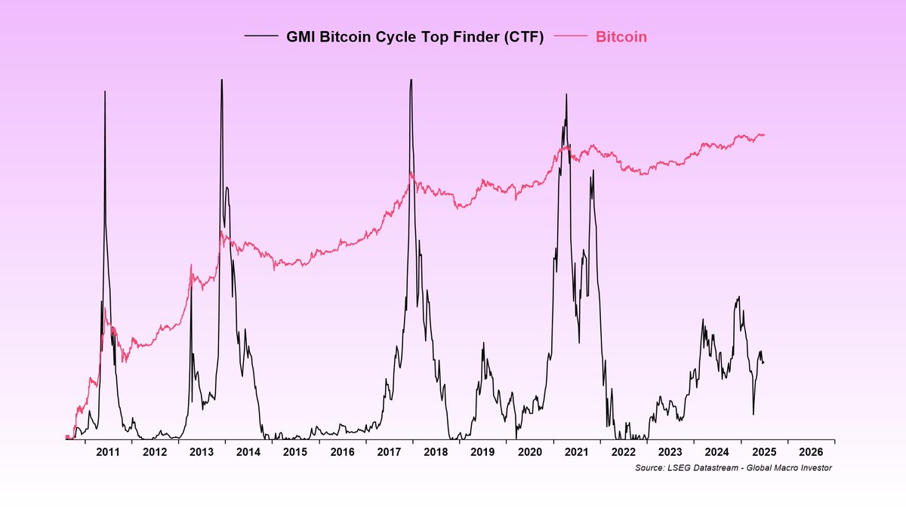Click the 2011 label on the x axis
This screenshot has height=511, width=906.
108,452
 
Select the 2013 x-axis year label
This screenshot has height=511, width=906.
202,452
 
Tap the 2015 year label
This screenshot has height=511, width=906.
295,452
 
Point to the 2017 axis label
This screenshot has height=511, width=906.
389,452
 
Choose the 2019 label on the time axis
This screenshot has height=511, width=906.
482,452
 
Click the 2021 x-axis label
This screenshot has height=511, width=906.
576,452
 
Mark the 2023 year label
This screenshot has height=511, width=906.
670,452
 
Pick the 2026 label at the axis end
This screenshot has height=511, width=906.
811,452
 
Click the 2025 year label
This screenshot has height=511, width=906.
764,452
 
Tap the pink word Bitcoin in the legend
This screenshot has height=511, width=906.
621,37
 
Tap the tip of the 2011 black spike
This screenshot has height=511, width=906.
105,91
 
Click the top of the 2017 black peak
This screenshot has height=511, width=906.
411,79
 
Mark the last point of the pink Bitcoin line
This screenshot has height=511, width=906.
765,134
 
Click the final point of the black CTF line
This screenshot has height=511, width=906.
763,363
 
